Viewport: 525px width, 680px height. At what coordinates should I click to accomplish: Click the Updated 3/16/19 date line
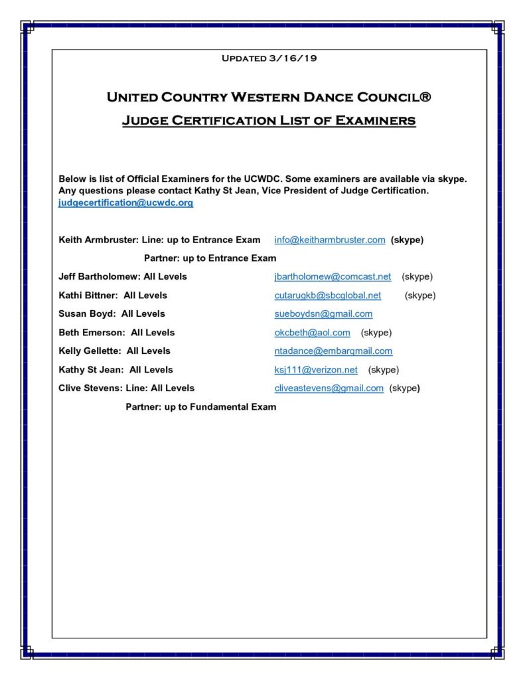(269, 58)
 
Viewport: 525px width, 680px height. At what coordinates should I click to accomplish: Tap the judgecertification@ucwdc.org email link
(126, 203)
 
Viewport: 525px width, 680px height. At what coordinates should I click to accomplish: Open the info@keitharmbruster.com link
(330, 240)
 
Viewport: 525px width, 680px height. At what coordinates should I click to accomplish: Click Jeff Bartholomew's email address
(333, 276)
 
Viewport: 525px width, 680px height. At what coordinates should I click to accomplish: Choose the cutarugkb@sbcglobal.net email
(328, 295)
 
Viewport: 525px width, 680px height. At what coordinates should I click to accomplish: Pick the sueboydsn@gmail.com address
(323, 313)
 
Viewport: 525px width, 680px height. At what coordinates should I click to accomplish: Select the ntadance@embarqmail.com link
(333, 351)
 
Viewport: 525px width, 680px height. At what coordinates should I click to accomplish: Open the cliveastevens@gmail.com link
(329, 388)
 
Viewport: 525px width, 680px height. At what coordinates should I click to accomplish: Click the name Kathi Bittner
(88, 295)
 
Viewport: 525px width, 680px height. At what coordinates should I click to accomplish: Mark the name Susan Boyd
(86, 313)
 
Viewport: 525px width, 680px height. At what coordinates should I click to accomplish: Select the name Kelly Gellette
(90, 351)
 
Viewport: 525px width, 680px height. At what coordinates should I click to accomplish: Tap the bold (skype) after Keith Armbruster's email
(407, 240)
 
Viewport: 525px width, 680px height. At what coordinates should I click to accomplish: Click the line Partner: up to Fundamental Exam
(200, 406)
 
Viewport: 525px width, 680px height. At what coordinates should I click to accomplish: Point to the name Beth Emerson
(91, 332)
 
